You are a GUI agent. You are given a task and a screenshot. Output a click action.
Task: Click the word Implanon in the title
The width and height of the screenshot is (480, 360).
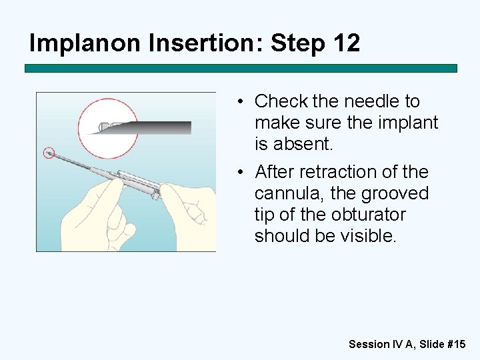85,43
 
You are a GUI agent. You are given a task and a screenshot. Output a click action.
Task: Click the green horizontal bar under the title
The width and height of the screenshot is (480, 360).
241,68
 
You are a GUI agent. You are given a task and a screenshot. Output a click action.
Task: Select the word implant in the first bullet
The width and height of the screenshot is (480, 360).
408,123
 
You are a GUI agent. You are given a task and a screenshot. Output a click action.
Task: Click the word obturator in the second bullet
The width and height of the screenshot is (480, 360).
369,214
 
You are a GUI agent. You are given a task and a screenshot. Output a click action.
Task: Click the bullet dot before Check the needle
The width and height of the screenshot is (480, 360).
240,101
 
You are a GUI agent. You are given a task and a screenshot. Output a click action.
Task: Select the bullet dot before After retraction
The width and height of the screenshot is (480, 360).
240,172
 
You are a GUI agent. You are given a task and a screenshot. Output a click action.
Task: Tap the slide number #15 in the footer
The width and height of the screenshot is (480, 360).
457,344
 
